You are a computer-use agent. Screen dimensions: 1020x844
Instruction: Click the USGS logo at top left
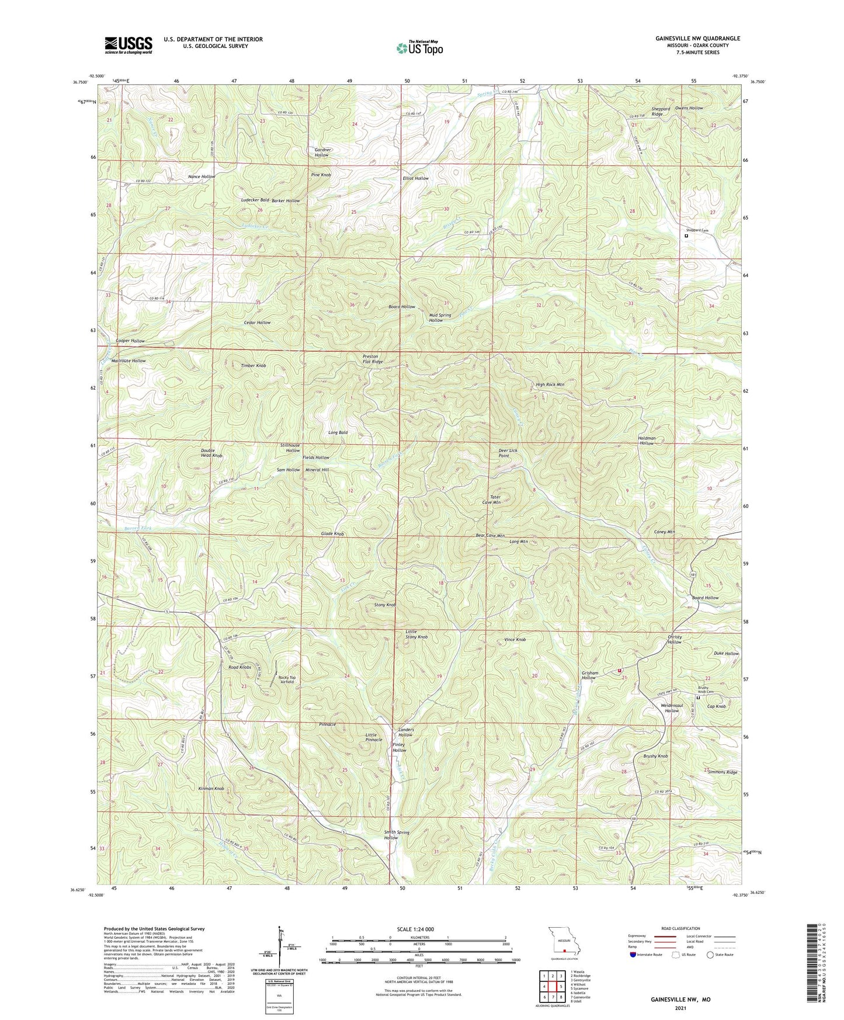(x=128, y=45)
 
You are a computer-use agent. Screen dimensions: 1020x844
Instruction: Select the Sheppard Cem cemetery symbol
(x=686, y=237)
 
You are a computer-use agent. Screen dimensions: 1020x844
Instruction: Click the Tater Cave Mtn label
(x=491, y=499)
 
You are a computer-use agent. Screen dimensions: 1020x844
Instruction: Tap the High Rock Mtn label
(x=550, y=384)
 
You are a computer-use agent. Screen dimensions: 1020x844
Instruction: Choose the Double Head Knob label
(x=211, y=452)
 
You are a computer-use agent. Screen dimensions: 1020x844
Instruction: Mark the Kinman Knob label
(x=211, y=789)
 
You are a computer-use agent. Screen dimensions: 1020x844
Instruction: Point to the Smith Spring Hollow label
(x=398, y=835)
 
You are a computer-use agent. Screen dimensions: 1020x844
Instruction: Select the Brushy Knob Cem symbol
(x=698, y=696)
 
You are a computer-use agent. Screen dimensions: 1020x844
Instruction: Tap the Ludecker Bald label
(x=255, y=200)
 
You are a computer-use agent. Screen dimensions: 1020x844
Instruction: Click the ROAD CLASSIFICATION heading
(x=681, y=928)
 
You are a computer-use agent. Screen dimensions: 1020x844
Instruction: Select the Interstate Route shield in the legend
(x=633, y=955)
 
